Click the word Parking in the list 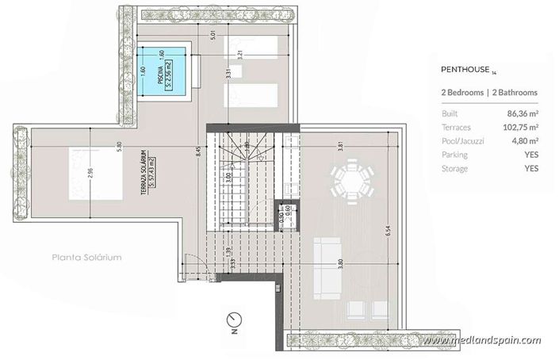pyautogui.click(x=455, y=155)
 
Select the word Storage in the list pyautogui.click(x=455, y=168)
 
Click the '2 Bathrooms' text pyautogui.click(x=515, y=93)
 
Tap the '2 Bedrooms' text pyautogui.click(x=462, y=93)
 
